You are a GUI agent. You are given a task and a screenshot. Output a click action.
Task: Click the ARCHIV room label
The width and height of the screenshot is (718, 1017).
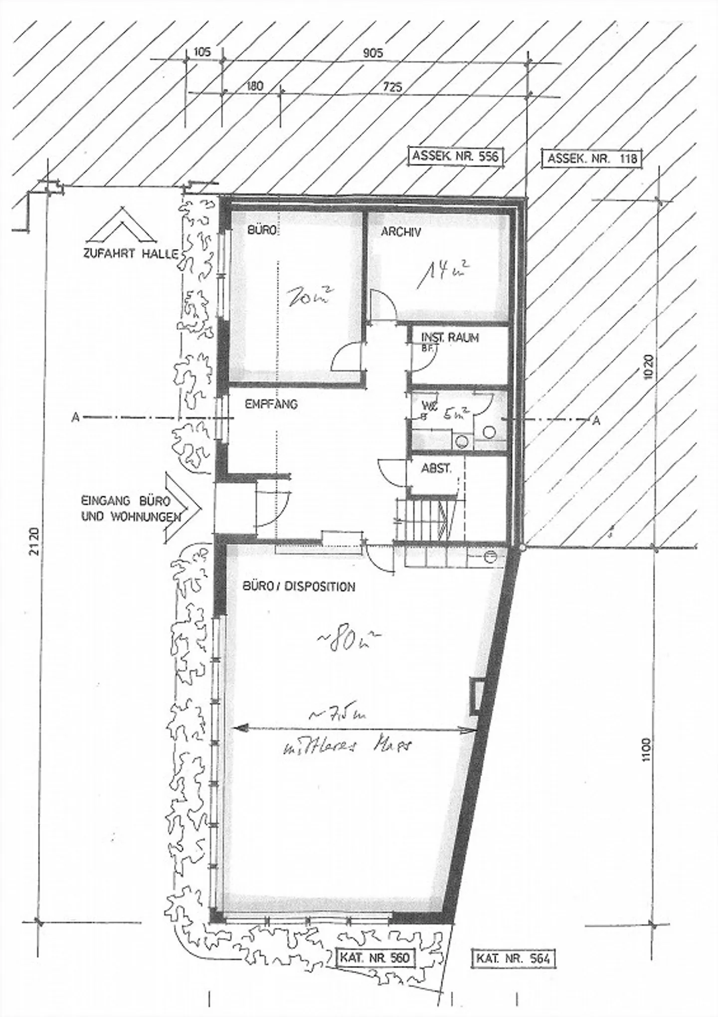(401, 232)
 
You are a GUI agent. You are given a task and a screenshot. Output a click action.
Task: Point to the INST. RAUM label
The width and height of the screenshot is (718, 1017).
(450, 338)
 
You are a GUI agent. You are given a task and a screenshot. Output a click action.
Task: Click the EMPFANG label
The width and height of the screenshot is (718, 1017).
(271, 404)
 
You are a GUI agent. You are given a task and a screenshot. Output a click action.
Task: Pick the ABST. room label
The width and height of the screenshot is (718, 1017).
(436, 469)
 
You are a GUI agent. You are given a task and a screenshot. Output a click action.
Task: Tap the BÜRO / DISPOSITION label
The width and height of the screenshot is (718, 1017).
(299, 587)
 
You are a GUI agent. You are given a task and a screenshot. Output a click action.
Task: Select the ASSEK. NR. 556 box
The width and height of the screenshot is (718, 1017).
(455, 156)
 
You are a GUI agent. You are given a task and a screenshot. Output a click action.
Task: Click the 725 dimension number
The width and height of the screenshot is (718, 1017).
(393, 87)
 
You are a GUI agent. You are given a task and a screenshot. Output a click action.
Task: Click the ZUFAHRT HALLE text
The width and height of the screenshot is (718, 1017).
(131, 254)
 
